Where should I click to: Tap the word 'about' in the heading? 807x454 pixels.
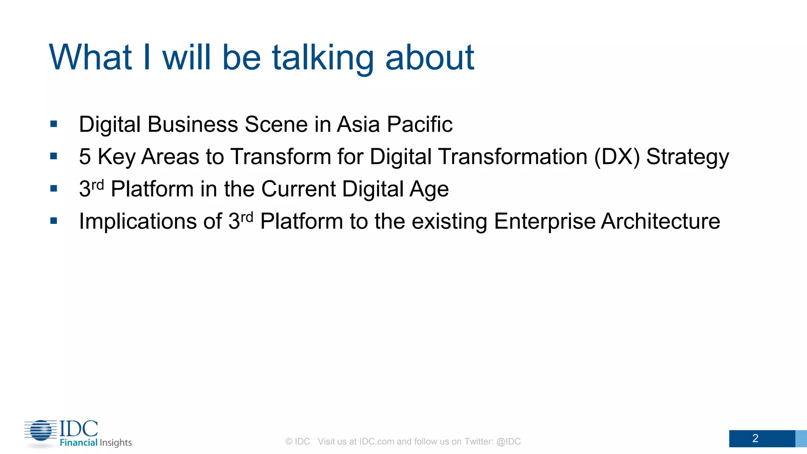point(430,58)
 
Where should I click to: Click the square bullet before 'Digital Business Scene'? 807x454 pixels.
point(54,125)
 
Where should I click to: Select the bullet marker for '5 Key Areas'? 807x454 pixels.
point(54,156)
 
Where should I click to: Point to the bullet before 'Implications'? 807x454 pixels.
point(54,221)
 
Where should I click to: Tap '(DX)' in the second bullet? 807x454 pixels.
point(617,157)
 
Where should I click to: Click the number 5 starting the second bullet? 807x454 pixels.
point(85,157)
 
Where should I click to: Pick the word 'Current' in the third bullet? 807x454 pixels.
point(298,189)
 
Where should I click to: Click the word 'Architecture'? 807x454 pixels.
point(660,221)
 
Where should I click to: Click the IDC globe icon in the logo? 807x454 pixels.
point(41,430)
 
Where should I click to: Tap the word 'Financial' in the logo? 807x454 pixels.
point(78,443)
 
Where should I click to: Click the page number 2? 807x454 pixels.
point(755,439)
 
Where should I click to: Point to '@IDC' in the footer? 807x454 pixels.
point(508,442)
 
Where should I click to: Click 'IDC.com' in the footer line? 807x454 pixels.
point(376,442)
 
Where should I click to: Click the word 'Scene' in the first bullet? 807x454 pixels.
point(276,125)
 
